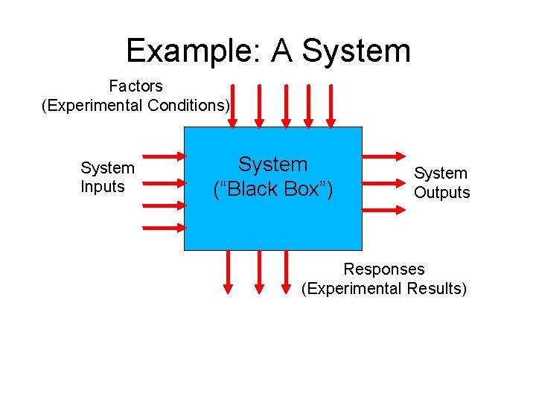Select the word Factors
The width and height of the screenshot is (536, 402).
[135, 86]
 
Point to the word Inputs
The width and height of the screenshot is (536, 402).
[103, 187]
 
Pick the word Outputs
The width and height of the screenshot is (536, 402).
[442, 193]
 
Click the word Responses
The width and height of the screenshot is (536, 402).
[383, 269]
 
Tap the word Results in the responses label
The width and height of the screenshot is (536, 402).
[434, 289]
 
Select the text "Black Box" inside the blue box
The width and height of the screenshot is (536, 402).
[273, 190]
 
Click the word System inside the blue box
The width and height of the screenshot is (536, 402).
[272, 165]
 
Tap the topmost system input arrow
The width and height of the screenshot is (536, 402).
[164, 156]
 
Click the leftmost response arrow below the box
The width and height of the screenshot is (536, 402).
[229, 272]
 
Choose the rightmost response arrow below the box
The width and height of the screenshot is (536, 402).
[287, 272]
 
